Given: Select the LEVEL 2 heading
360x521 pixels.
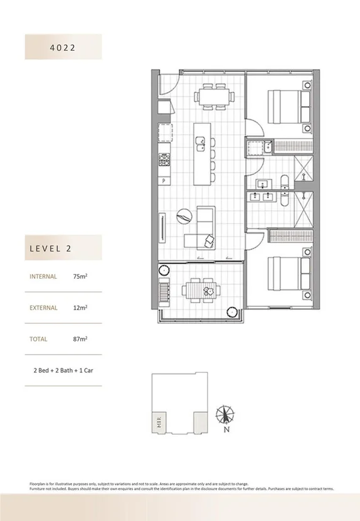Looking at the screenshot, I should pos(50,248).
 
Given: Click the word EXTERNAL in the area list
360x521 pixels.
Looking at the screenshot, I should pos(43,308).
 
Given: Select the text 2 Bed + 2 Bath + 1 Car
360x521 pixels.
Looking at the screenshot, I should pos(63,370).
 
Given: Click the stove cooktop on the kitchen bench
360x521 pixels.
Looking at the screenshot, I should pos(164,161).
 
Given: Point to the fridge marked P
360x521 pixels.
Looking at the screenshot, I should pos(164,181).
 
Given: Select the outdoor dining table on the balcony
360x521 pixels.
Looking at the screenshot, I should pos(201,289).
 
